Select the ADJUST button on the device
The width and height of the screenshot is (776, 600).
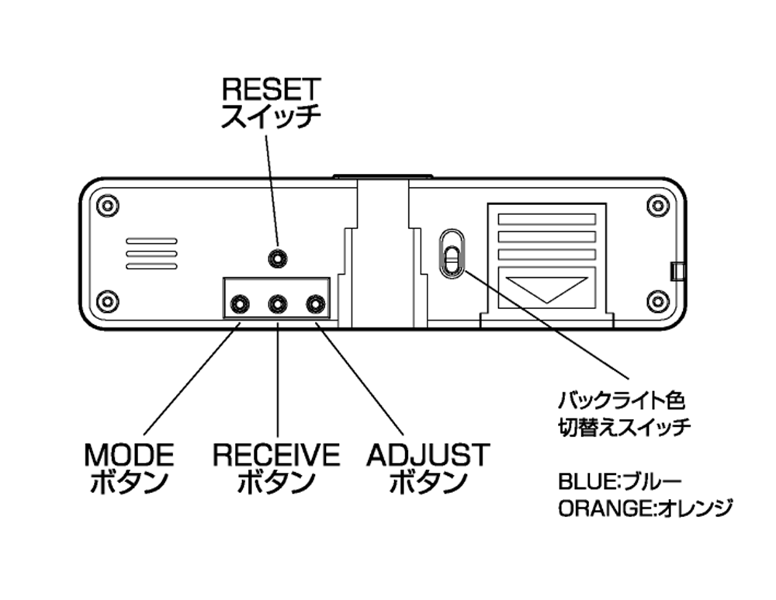pos(314,303)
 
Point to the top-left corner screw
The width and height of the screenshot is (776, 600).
pos(108,206)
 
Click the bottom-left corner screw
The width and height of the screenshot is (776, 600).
pos(108,300)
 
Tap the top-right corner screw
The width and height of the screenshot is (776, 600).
pos(658,206)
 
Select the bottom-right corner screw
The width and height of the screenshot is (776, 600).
pos(658,300)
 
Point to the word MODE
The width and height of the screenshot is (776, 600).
pos(129,455)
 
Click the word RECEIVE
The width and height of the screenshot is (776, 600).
pos(276,455)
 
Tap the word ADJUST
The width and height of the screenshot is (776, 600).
pos(428,455)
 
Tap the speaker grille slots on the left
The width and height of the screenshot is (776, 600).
pos(151,254)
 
